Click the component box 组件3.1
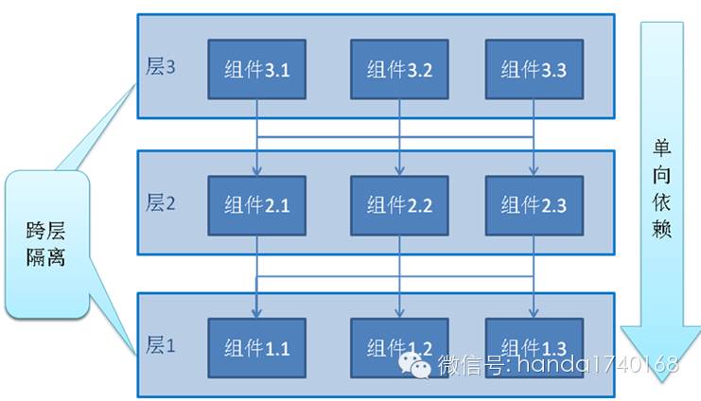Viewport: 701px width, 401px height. pyautogui.click(x=256, y=69)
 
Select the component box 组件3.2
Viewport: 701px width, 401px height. pyautogui.click(x=398, y=69)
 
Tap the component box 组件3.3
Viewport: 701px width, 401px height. pyautogui.click(x=534, y=69)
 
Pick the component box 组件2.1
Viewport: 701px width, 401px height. pyautogui.click(x=256, y=204)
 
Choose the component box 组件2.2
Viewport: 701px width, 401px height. pyautogui.click(x=398, y=204)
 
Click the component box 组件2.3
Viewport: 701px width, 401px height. pyautogui.click(x=534, y=204)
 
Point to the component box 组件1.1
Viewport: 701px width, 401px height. pyautogui.click(x=256, y=347)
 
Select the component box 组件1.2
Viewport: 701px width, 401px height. pyautogui.click(x=398, y=347)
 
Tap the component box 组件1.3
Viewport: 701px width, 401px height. pyautogui.click(x=534, y=347)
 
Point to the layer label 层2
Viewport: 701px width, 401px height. pyautogui.click(x=161, y=202)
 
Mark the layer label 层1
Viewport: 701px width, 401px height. pyautogui.click(x=161, y=345)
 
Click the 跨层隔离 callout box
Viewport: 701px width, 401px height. pyautogui.click(x=47, y=243)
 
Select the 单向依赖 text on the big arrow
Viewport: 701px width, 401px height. pyautogui.click(x=661, y=189)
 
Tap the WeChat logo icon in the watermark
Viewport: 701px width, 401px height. pyautogui.click(x=415, y=365)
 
